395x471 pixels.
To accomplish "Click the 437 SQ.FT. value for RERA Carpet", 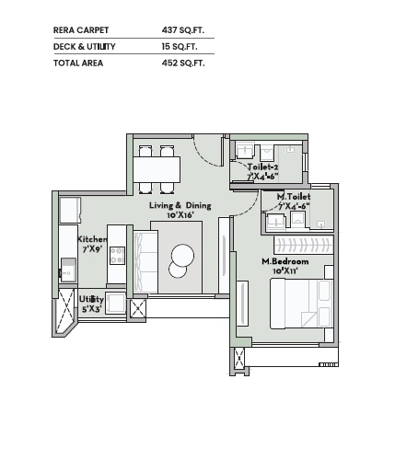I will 182,30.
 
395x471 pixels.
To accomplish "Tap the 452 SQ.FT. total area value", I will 182,63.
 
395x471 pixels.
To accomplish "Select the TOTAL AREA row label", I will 78,63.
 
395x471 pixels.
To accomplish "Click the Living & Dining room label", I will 180,205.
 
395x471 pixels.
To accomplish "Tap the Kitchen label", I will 92,239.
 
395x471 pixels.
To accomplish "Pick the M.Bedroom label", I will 285,262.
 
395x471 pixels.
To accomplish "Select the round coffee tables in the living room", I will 181,259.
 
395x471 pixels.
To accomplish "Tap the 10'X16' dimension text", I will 180,215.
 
